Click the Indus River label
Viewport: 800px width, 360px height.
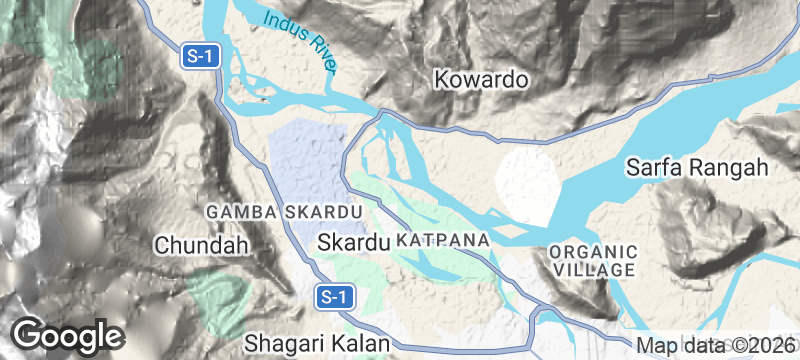coord(299,40)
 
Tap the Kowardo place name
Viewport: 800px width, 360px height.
coord(481,80)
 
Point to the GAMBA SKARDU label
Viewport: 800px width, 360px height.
coord(282,213)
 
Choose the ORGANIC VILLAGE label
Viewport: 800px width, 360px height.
coord(593,260)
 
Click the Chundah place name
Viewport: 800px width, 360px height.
coord(200,244)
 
